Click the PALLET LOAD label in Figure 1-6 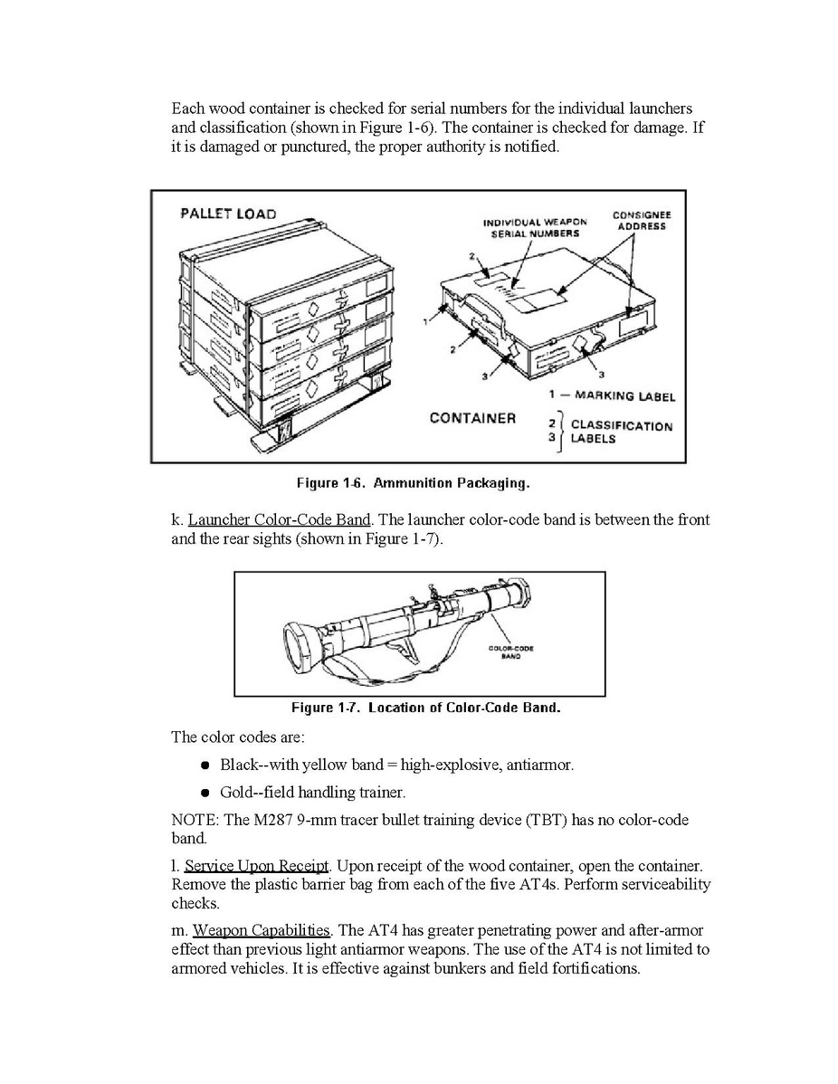coord(228,214)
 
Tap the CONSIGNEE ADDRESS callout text coord(642,221)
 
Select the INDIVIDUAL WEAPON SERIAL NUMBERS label coord(535,227)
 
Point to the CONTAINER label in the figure coord(472,418)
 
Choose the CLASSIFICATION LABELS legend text coord(621,433)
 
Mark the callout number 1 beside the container coord(425,320)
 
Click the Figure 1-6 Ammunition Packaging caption coord(418,483)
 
